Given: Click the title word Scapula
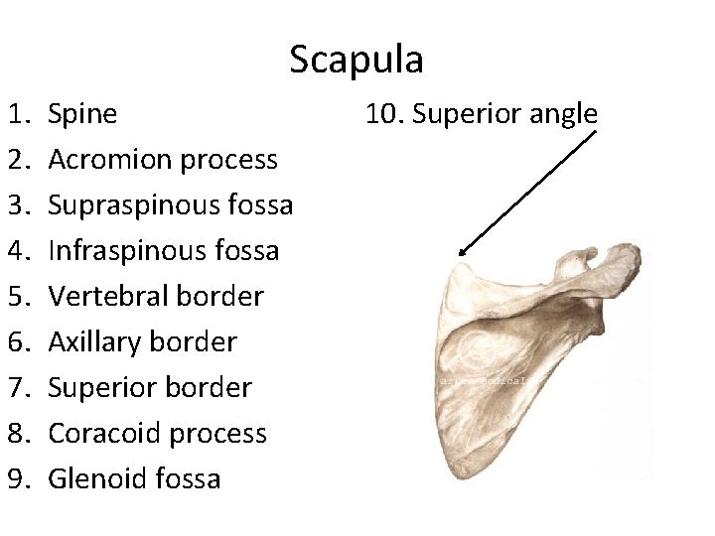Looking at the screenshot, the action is [x=357, y=60].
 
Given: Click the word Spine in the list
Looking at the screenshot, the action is [x=81, y=114].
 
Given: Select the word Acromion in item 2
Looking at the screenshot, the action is [x=103, y=160].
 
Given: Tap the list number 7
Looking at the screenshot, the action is [x=22, y=388].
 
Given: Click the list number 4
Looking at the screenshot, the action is [x=22, y=251].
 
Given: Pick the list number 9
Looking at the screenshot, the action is [x=22, y=479].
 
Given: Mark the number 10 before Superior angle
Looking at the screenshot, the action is [x=381, y=114].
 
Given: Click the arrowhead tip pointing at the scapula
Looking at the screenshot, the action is [x=459, y=256].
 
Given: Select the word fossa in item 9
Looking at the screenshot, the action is [x=189, y=479].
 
